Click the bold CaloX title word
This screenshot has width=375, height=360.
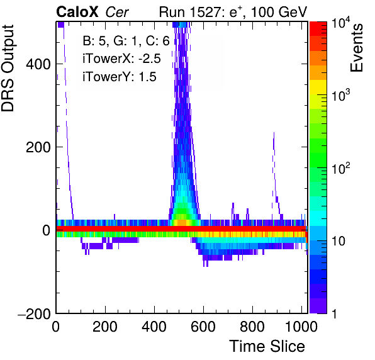[77, 12]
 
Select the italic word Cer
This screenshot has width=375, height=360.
[117, 12]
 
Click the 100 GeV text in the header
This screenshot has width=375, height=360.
[279, 12]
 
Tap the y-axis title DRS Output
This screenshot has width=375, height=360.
[8, 68]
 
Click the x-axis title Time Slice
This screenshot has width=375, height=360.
[267, 346]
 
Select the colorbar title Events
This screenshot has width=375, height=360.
[356, 48]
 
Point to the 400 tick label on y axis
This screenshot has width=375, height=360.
[38, 64]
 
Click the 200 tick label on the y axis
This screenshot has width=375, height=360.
[38, 147]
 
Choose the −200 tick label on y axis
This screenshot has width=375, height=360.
[35, 313]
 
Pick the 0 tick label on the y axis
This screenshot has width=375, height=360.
[47, 230]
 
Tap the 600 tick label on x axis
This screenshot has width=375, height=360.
[203, 327]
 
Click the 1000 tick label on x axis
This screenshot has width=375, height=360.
[301, 327]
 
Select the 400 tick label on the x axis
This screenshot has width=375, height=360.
[154, 327]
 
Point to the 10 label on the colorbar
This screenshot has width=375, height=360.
[339, 242]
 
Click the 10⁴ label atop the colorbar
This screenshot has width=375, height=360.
[340, 25]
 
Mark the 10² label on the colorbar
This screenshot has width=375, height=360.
[340, 168]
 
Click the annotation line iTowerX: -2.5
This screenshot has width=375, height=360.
[121, 59]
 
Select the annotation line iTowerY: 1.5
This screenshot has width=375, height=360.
[120, 77]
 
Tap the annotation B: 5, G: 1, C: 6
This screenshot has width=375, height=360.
[126, 41]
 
